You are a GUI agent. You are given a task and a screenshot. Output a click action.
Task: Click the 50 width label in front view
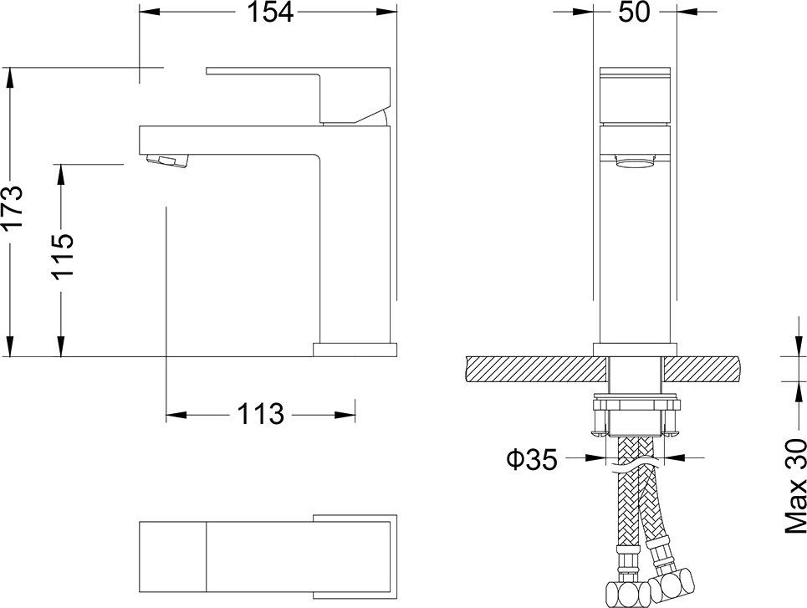click(x=635, y=13)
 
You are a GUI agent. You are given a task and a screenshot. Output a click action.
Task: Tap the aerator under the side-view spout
click(x=166, y=160)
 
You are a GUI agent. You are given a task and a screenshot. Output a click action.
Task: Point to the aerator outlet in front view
click(x=636, y=163)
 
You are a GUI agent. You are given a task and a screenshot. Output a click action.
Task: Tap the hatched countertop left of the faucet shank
click(x=531, y=368)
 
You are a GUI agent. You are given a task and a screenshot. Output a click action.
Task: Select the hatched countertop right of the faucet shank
click(x=702, y=368)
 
